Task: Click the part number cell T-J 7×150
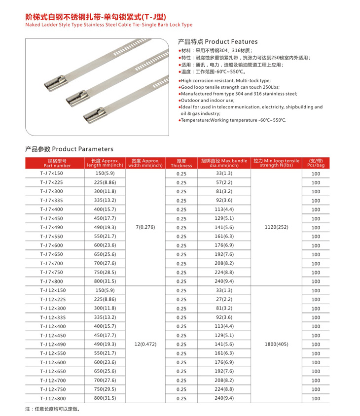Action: pyautogui.click(x=52, y=173)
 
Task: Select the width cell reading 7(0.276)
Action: pyautogui.click(x=145, y=227)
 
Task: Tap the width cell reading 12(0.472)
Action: pyautogui.click(x=145, y=344)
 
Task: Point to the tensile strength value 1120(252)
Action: pyautogui.click(x=276, y=227)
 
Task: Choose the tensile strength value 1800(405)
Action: pyautogui.click(x=276, y=344)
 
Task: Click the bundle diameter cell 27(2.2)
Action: pyautogui.click(x=224, y=299)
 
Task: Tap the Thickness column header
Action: pyautogui.click(x=181, y=163)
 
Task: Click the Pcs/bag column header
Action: pyautogui.click(x=316, y=163)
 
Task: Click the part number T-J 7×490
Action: pyautogui.click(x=52, y=227)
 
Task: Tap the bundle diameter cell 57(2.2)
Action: pyautogui.click(x=224, y=182)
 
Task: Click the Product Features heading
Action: pyautogui.click(x=217, y=42)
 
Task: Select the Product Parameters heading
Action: pyautogui.click(x=69, y=149)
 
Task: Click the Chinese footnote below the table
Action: pyautogui.click(x=52, y=409)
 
